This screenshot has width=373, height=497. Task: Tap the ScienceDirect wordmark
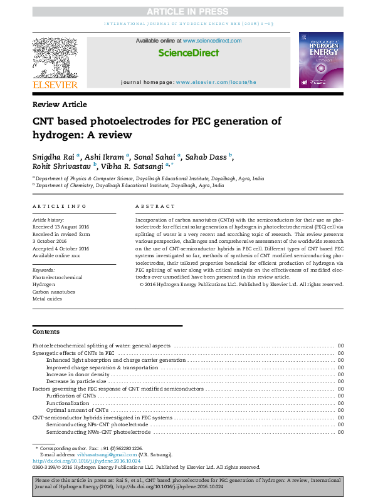point(189,53)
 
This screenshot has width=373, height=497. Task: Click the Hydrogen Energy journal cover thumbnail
point(320,59)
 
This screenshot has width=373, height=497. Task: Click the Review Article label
point(60,105)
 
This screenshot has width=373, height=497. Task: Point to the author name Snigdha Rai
point(52,156)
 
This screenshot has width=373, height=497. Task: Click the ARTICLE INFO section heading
point(60,206)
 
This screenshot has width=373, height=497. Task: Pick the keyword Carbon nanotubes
point(54,292)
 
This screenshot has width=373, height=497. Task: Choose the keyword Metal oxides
point(48,299)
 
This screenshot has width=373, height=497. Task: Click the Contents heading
point(46,332)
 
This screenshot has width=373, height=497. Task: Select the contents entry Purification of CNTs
point(71,396)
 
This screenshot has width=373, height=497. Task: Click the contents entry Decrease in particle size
point(76,381)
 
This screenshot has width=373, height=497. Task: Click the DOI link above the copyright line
point(86,461)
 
